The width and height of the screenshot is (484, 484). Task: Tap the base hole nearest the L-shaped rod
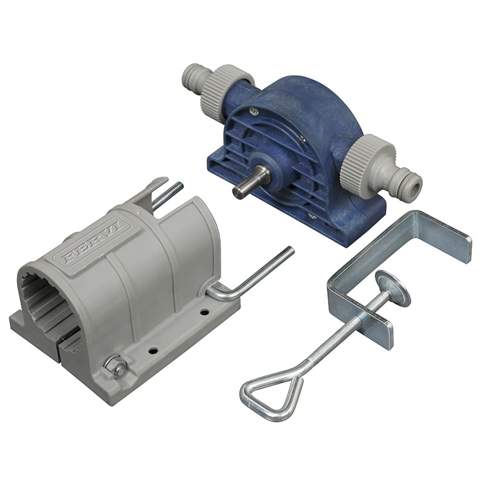click(x=204, y=312)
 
